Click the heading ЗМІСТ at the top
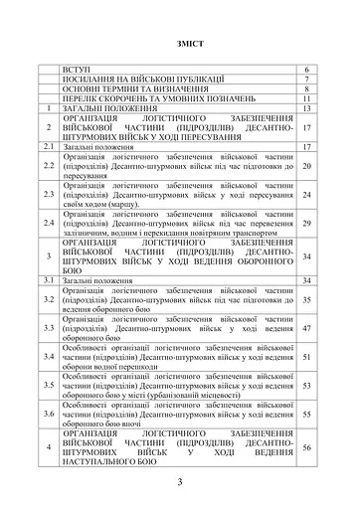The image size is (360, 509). (x=179, y=46)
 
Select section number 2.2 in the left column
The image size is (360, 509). (x=47, y=165)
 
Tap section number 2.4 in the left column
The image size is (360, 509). (x=47, y=224)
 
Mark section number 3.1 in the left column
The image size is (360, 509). (x=47, y=281)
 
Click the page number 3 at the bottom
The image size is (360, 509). (x=180, y=482)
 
